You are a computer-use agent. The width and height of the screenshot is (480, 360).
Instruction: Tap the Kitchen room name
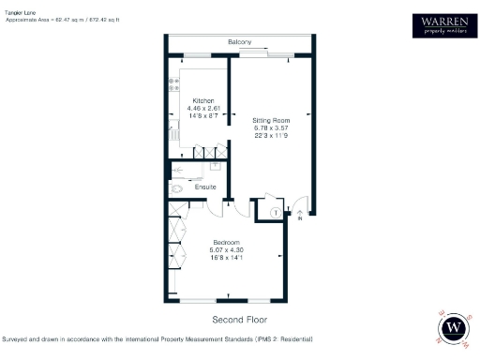pyautogui.click(x=203, y=100)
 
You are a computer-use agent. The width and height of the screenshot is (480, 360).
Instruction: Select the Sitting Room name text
pyautogui.click(x=272, y=120)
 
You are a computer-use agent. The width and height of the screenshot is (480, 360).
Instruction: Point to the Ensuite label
pyautogui.click(x=205, y=187)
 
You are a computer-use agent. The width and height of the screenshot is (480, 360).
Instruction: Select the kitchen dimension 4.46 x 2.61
pyautogui.click(x=203, y=108)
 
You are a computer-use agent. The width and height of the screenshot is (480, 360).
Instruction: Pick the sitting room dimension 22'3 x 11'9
pyautogui.click(x=272, y=135)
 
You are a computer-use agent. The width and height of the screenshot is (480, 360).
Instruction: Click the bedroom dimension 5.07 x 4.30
pyautogui.click(x=227, y=249)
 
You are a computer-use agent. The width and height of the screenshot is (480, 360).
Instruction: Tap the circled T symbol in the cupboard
pyautogui.click(x=273, y=212)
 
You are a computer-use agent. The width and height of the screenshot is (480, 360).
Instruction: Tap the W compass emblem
pyautogui.click(x=455, y=328)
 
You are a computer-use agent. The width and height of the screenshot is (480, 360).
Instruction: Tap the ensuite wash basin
pyautogui.click(x=216, y=166)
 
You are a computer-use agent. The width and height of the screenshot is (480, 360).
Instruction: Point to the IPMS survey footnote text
pyautogui.click(x=157, y=337)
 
